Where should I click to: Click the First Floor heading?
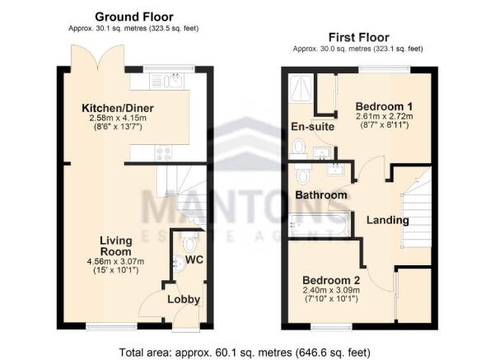click(358, 37)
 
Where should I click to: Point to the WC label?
click(194, 260)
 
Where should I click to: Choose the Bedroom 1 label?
click(383, 107)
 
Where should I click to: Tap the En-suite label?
click(311, 126)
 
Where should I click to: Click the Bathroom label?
click(321, 195)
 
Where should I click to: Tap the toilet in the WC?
click(190, 244)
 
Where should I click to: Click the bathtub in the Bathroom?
click(318, 223)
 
